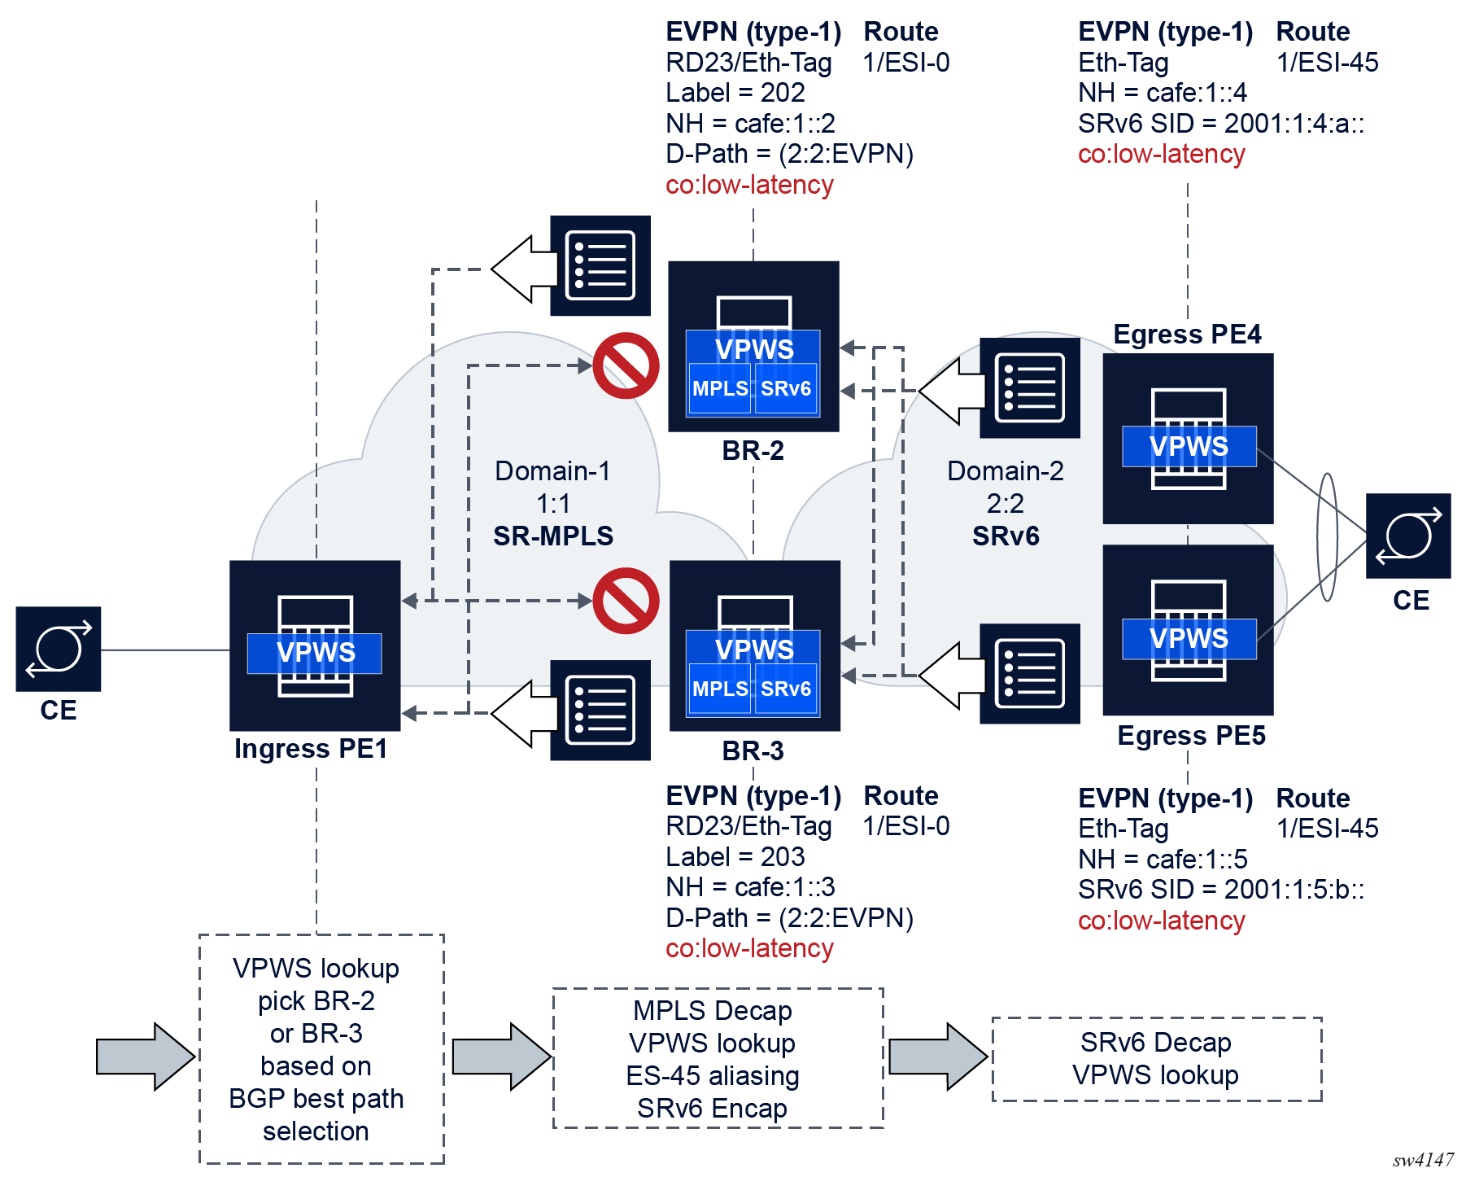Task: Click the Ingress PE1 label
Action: (x=311, y=748)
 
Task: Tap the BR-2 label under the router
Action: (x=753, y=450)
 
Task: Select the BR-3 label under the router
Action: (x=753, y=750)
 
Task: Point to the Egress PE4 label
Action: (x=1187, y=335)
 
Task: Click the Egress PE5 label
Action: (x=1191, y=736)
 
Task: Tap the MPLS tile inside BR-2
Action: (x=719, y=389)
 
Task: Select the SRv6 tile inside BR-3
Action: (x=786, y=689)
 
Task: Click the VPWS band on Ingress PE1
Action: (x=315, y=653)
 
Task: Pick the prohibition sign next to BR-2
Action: (x=626, y=365)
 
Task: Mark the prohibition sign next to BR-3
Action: (x=626, y=601)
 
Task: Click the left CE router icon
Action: (x=59, y=649)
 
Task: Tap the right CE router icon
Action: (x=1408, y=536)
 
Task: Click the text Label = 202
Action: (x=735, y=93)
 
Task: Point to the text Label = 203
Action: (x=735, y=856)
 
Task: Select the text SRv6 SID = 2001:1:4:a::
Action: (x=1221, y=124)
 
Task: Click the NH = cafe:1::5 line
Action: (x=1163, y=860)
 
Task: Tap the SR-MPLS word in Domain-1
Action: (x=553, y=536)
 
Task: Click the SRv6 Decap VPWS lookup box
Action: (x=1156, y=1058)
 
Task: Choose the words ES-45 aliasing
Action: (x=713, y=1076)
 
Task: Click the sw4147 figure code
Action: (x=1423, y=1160)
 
